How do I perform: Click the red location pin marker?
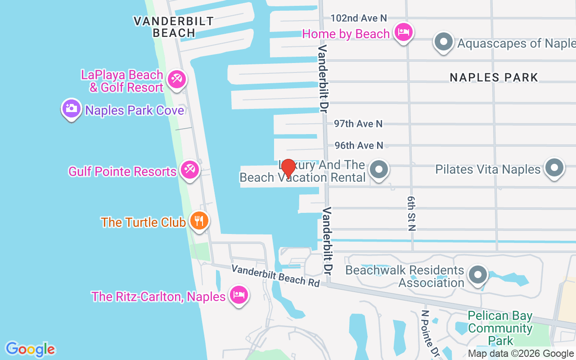288,169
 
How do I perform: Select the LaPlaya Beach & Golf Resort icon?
176,80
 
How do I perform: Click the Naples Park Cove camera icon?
71,108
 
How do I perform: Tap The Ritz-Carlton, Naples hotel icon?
238,295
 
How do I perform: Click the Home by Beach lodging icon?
404,32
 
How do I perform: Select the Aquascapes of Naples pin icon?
444,42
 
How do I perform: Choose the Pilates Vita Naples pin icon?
554,168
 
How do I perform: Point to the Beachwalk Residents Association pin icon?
478,274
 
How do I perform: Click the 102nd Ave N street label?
359,18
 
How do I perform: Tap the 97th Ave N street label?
358,124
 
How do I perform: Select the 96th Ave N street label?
359,145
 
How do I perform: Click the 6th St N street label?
411,213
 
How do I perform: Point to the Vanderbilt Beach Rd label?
275,275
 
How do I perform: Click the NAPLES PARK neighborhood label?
494,77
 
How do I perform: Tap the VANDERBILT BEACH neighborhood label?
173,27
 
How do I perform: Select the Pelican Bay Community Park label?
500,328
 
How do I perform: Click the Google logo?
31,349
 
